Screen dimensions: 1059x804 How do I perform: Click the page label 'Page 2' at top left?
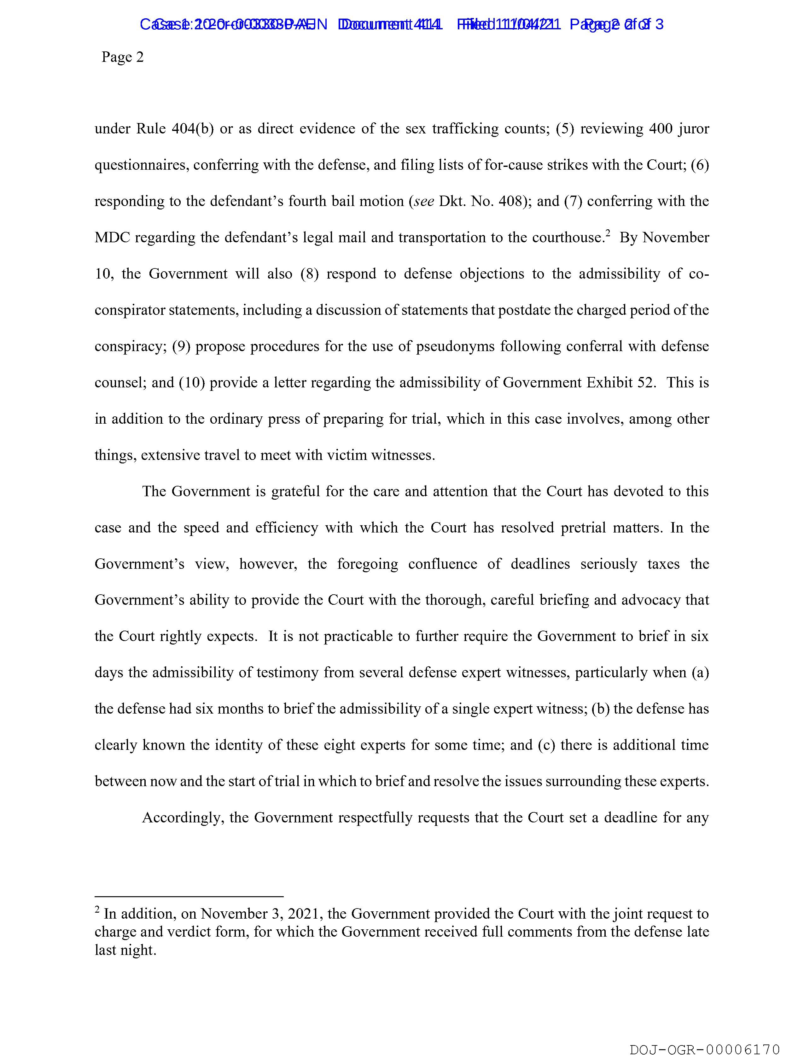123,57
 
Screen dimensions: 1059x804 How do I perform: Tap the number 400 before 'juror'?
661,129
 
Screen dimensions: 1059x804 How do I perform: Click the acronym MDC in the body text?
113,238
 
